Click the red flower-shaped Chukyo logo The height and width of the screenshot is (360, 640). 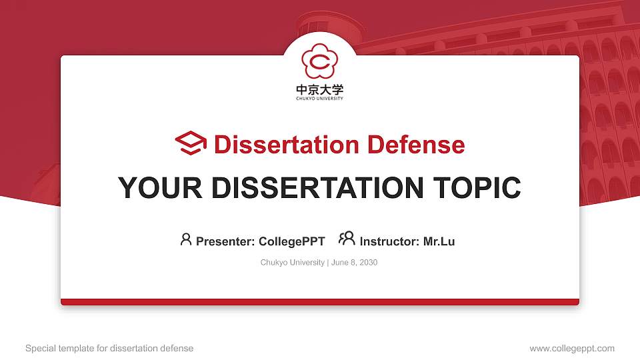pos(320,61)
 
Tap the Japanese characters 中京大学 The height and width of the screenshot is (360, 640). pos(320,89)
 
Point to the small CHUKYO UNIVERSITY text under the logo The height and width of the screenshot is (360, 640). pos(320,99)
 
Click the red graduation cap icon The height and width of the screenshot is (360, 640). pos(191,143)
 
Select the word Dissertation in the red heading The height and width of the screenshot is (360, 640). pos(287,145)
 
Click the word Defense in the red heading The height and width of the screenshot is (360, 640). pos(416,145)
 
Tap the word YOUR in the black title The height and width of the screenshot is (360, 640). pos(160,188)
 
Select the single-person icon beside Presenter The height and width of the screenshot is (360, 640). pos(186,239)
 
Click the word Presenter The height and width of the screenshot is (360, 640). pos(225,241)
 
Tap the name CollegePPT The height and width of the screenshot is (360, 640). pos(292,241)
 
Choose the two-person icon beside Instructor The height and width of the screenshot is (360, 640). pos(347,239)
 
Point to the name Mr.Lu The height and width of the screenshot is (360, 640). pos(439,241)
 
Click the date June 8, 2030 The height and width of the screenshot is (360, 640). pos(354,263)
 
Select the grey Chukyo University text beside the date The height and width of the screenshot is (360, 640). pos(292,263)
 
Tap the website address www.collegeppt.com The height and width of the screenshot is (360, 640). pos(572,349)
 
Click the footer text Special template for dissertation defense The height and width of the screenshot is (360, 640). pos(109,349)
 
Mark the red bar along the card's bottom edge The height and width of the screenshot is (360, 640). pos(320,302)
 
